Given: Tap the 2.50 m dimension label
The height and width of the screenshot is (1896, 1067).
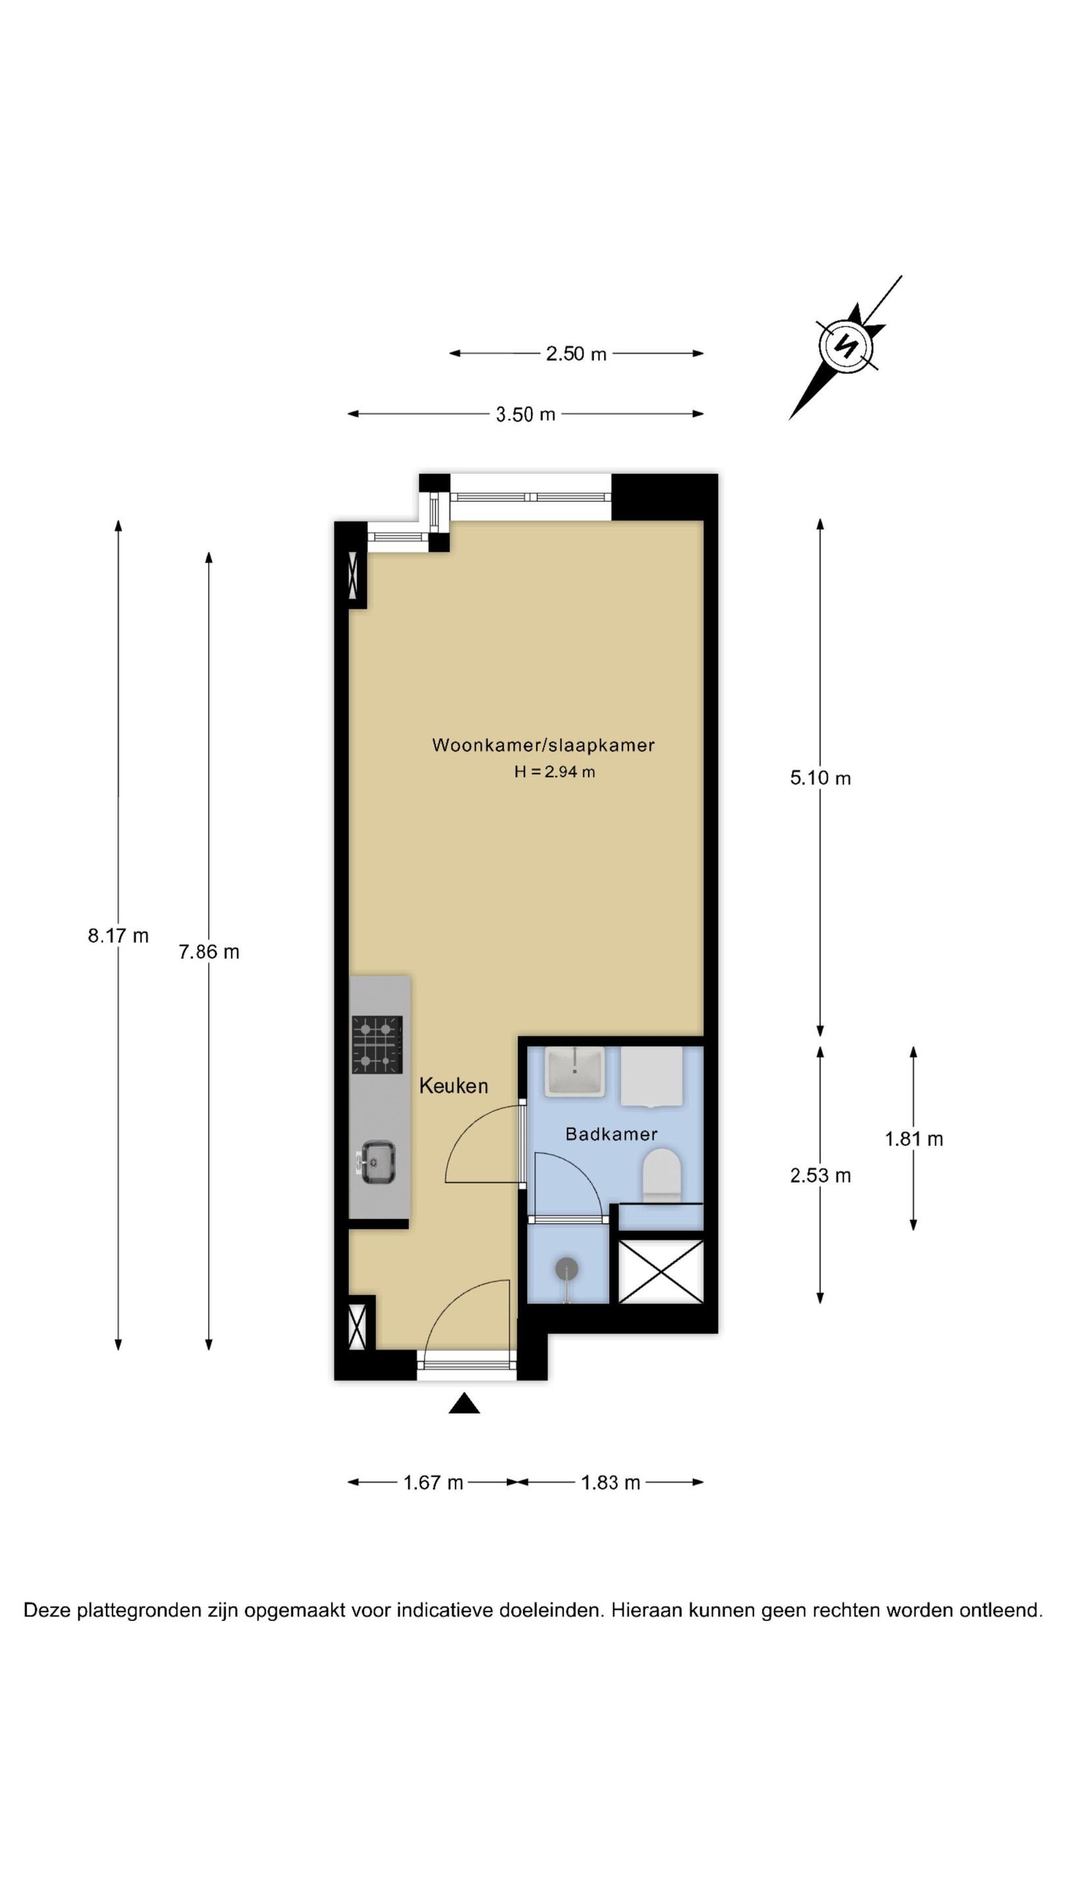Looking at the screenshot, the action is (x=576, y=354).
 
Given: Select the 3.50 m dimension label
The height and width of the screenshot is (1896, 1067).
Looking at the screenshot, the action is (x=525, y=414).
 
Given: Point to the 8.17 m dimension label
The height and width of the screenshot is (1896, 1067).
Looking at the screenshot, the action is (x=119, y=935).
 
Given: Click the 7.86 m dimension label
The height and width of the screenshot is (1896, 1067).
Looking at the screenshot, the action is (x=209, y=952).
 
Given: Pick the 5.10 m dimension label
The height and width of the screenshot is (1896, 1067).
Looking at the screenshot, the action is (x=820, y=778).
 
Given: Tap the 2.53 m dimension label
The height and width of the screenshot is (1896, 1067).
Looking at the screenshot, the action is (x=820, y=1175).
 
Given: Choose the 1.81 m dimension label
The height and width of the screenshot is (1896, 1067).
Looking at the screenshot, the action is (x=914, y=1139).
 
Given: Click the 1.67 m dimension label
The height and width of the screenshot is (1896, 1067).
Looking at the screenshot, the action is (x=433, y=1483).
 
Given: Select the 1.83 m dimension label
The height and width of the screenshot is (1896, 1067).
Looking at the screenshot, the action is (x=611, y=1483).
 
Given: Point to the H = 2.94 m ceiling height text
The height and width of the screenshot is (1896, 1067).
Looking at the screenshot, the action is (x=555, y=772).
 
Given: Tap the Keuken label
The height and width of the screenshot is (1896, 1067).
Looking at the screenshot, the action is (x=454, y=1086).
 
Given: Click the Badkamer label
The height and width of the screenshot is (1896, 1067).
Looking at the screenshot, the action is (x=611, y=1134).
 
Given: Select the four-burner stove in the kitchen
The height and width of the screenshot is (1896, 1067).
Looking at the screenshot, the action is (x=377, y=1044).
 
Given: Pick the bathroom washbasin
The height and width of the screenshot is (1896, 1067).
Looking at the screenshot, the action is (x=574, y=1070).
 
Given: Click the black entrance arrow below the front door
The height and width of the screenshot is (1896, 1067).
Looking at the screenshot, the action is (x=464, y=1404).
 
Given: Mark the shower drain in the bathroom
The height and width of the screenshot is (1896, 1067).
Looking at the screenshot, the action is (x=566, y=1269).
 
